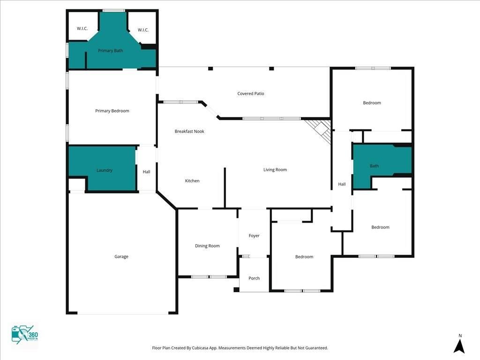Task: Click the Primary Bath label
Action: (x=111, y=51)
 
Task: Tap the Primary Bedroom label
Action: (x=112, y=111)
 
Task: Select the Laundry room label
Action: (x=105, y=170)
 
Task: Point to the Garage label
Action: (x=121, y=256)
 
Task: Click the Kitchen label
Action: (x=192, y=181)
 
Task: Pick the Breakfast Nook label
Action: (x=189, y=131)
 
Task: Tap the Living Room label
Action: (x=275, y=170)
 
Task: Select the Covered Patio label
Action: (x=251, y=94)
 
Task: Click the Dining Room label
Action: (x=207, y=246)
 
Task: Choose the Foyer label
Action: (x=254, y=236)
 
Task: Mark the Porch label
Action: (x=254, y=278)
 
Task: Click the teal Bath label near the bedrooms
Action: (x=375, y=166)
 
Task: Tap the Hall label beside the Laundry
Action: (x=147, y=172)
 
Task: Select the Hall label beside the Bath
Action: (x=342, y=184)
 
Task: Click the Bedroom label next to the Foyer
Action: (x=304, y=257)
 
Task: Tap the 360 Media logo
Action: (x=24, y=335)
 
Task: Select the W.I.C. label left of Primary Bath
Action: (x=82, y=29)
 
